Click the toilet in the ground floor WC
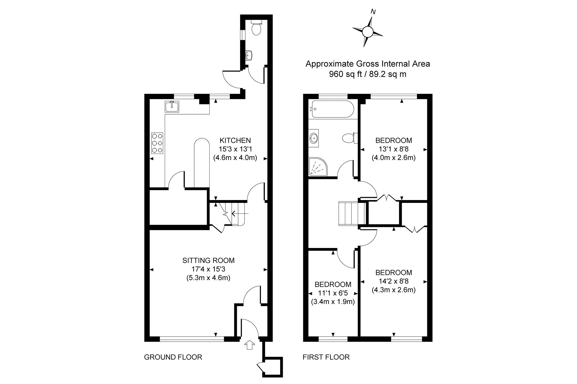(256, 27)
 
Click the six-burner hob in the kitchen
(157, 144)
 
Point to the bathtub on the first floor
(331, 109)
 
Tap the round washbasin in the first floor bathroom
(314, 138)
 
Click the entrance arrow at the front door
(250, 345)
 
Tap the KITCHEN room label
(235, 140)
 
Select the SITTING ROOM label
(208, 260)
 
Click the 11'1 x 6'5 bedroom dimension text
(333, 293)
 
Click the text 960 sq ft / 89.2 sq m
(368, 74)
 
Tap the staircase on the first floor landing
(353, 213)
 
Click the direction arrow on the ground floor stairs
(239, 213)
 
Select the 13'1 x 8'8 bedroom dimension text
(394, 149)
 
